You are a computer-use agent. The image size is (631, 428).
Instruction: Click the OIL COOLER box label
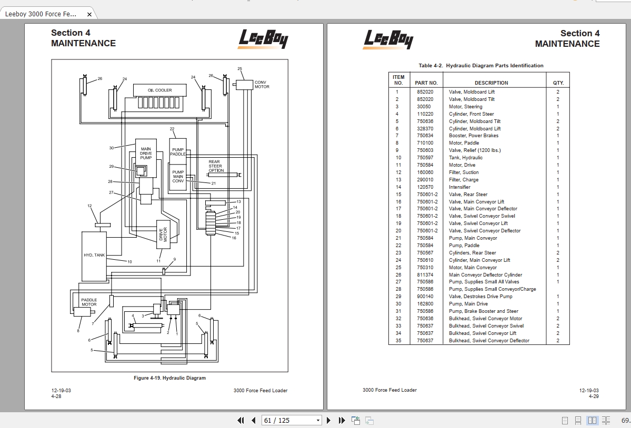(159, 90)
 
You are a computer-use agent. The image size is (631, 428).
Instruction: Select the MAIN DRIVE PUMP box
(146, 153)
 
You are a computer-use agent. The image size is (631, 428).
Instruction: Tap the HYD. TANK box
(94, 256)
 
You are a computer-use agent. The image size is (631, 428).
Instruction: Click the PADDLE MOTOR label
(89, 302)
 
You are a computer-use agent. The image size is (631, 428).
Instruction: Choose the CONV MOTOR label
(262, 85)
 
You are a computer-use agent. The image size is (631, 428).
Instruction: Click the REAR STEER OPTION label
(215, 166)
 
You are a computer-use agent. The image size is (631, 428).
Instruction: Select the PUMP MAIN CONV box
(178, 177)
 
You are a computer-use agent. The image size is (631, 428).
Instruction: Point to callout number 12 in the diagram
(89, 206)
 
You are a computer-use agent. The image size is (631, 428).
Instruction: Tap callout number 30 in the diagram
(111, 148)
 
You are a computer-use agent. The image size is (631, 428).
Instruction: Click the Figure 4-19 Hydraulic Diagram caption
(169, 378)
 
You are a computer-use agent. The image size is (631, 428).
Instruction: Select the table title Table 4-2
(480, 66)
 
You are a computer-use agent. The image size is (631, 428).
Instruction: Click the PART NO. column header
(426, 83)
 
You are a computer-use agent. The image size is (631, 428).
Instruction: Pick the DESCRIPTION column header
(491, 83)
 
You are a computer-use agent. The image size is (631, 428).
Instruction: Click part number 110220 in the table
(425, 114)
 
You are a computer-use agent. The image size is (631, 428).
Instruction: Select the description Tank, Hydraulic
(465, 158)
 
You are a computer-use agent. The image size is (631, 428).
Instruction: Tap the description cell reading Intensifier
(459, 187)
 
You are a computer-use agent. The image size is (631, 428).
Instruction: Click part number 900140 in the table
(425, 297)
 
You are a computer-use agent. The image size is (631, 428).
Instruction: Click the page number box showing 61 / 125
(292, 420)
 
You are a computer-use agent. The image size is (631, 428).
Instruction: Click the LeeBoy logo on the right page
(387, 39)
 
